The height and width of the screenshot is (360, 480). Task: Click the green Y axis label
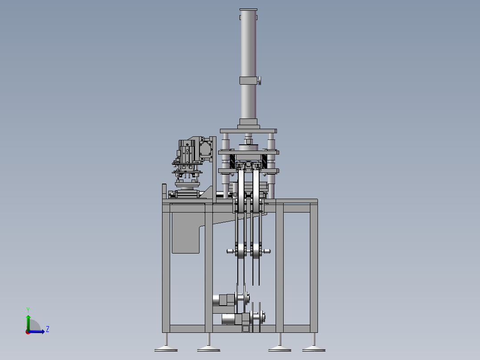pyautogui.click(x=28, y=310)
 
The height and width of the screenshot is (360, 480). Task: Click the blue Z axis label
pyautogui.click(x=48, y=329)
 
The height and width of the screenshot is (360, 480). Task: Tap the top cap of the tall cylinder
pyautogui.click(x=248, y=9)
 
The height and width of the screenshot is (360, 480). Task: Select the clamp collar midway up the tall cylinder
pyautogui.click(x=248, y=81)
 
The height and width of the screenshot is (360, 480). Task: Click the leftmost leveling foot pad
pyautogui.click(x=166, y=349)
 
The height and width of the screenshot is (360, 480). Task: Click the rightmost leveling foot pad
pyautogui.click(x=314, y=349)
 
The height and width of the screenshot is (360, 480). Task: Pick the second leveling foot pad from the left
pyautogui.click(x=208, y=349)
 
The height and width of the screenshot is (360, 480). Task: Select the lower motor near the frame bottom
pyautogui.click(x=232, y=319)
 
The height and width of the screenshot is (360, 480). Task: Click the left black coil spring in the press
pyautogui.click(x=232, y=161)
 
